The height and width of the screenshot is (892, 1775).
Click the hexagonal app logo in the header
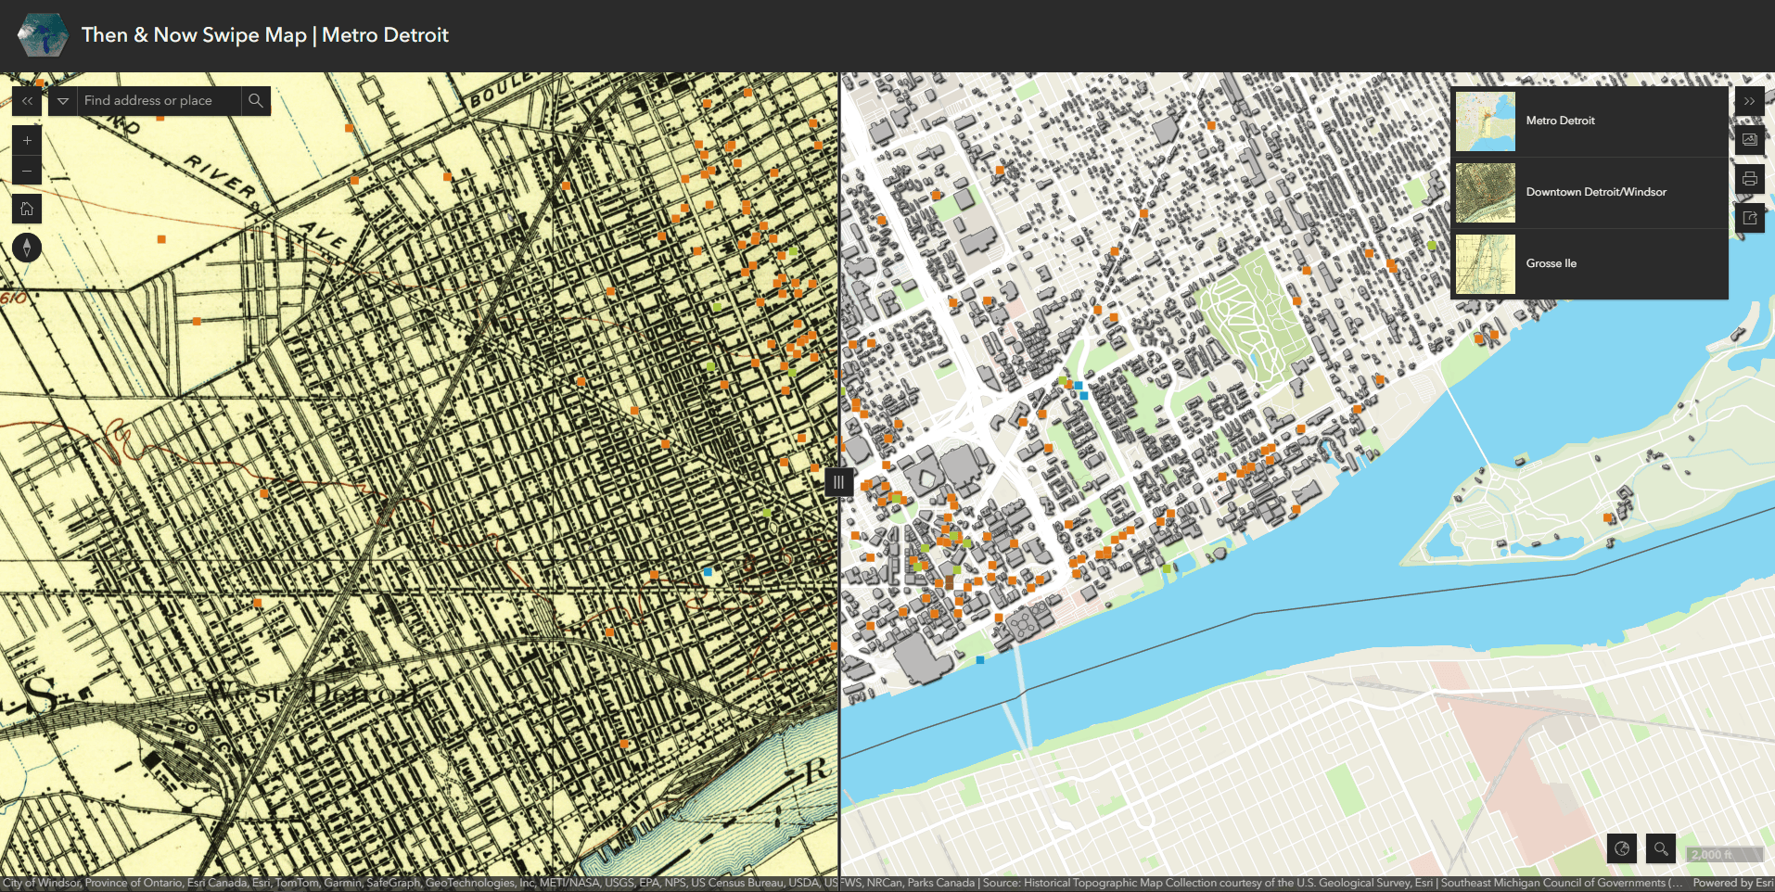point(43,36)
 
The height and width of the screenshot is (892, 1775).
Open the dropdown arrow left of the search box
point(63,101)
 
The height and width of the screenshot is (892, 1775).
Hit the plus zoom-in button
point(27,141)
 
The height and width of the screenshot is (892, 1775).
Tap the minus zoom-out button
point(27,171)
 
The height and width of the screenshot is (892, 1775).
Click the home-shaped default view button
point(27,210)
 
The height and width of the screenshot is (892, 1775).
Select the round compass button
point(27,248)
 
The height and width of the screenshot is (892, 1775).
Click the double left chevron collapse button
point(27,101)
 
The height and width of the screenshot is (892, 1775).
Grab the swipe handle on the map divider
point(838,482)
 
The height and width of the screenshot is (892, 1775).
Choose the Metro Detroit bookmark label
point(1560,121)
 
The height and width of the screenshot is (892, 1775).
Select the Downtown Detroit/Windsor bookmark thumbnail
point(1485,193)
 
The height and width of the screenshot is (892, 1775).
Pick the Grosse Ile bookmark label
point(1551,263)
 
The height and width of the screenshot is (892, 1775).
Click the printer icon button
point(1749,179)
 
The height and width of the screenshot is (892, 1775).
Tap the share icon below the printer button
point(1749,219)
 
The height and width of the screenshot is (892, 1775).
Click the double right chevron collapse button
point(1749,101)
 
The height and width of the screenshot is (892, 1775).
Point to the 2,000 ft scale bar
point(1723,855)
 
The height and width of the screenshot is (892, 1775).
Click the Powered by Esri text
point(1732,883)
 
